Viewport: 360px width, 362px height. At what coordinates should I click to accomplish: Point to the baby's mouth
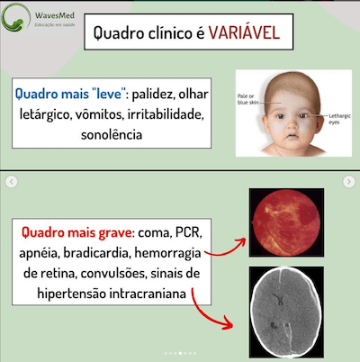(x=289, y=142)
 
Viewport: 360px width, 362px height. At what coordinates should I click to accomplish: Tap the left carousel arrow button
(x=12, y=182)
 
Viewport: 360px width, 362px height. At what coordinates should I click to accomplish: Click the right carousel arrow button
(x=349, y=182)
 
